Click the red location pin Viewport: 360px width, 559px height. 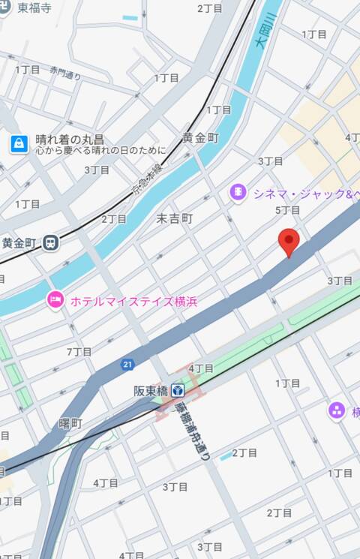(x=289, y=242)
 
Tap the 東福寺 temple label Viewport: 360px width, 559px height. (x=34, y=8)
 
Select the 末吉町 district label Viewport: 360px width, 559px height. (x=174, y=218)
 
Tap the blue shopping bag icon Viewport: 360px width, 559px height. (x=19, y=143)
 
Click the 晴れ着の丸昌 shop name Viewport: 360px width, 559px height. (x=70, y=140)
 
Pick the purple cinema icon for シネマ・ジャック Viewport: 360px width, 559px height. (x=238, y=194)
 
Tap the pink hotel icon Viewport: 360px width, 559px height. (x=55, y=300)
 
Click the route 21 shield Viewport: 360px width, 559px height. (x=127, y=365)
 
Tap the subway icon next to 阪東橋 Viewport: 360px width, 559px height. (x=177, y=390)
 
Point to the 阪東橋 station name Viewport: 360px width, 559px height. (x=150, y=390)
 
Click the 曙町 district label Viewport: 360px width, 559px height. (x=71, y=424)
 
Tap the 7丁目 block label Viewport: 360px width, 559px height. (x=79, y=351)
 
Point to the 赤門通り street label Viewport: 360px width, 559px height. (x=65, y=74)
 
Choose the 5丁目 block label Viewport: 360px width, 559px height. (x=287, y=210)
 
